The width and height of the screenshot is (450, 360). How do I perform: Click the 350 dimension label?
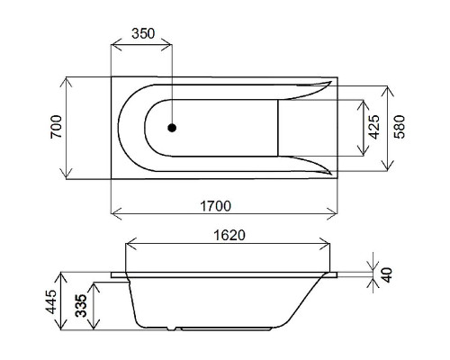(x=143, y=33)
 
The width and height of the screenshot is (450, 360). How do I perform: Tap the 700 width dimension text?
(x=56, y=127)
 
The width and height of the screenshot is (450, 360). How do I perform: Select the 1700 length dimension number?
(x=215, y=206)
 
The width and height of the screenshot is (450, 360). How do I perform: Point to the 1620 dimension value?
(x=229, y=235)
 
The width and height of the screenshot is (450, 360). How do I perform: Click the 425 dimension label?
(x=373, y=127)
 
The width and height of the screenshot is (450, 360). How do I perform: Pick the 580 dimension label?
(x=399, y=127)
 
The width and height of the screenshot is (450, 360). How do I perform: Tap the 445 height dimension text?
(x=51, y=301)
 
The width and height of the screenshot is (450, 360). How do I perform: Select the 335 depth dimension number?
(x=81, y=305)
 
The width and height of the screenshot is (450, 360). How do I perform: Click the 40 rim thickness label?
(x=387, y=274)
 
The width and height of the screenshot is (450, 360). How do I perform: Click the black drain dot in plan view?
(x=172, y=128)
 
